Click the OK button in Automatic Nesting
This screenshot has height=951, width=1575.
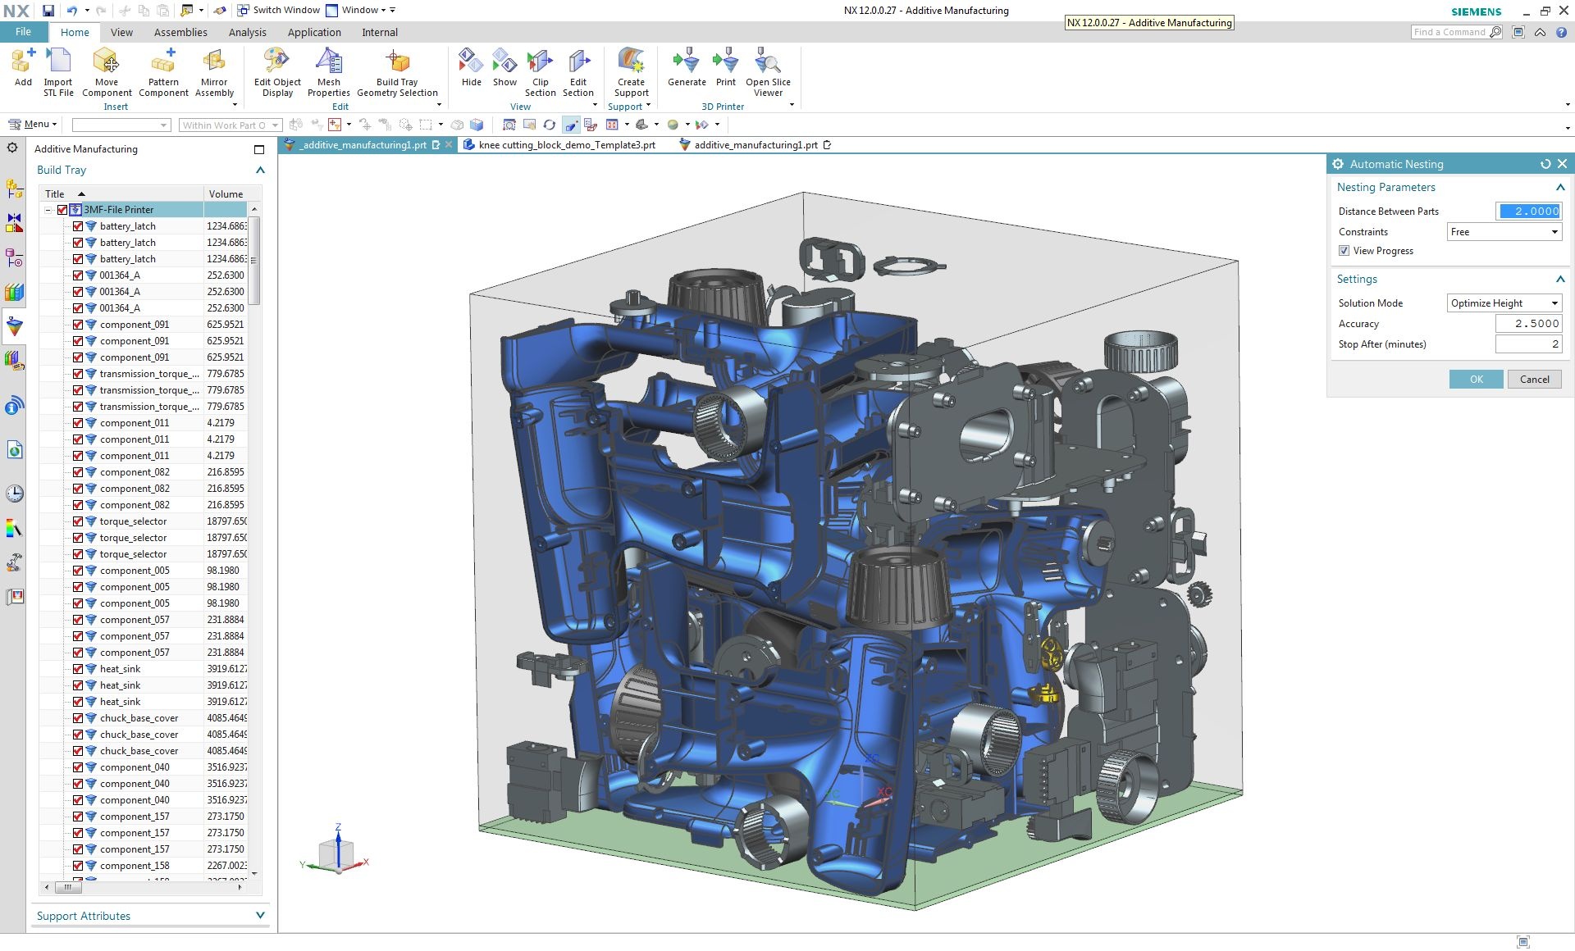click(1476, 379)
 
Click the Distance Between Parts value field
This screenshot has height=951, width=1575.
click(1528, 212)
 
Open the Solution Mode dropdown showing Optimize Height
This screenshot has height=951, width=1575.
click(1504, 303)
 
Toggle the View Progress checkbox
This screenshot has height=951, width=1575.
click(1344, 251)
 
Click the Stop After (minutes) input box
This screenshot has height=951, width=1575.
click(1527, 344)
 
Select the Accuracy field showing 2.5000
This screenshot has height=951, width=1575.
click(1527, 324)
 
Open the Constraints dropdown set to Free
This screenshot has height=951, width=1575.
click(1504, 232)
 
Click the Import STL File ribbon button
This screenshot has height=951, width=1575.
click(58, 72)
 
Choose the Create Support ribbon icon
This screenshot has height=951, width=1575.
click(631, 72)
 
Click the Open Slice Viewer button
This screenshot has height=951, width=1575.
click(768, 72)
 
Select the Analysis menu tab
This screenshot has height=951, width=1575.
click(247, 33)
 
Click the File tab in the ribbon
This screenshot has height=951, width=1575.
click(23, 32)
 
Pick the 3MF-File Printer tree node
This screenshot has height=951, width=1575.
click(118, 210)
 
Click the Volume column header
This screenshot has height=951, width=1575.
click(226, 194)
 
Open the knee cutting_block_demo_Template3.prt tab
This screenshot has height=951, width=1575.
click(567, 145)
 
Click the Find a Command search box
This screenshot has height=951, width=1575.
click(1449, 32)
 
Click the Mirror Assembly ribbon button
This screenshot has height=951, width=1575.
click(214, 72)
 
